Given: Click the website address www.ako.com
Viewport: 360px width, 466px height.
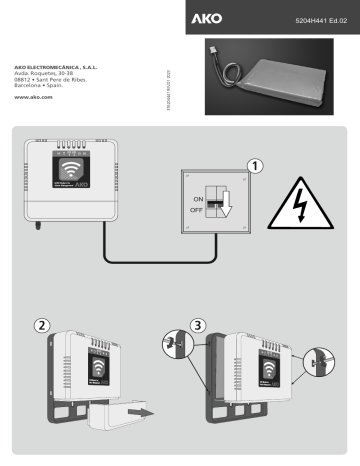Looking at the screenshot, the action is coord(35,98).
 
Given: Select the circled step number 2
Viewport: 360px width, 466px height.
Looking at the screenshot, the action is coord(42,325).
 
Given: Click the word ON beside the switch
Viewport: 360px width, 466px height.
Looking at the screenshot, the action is coord(197,199).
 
